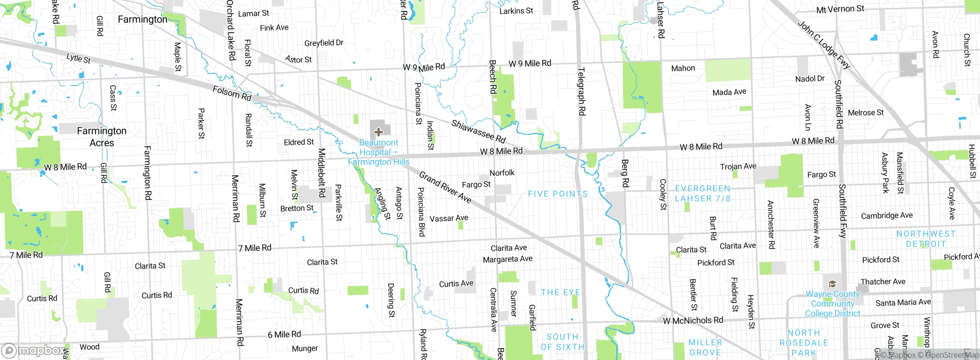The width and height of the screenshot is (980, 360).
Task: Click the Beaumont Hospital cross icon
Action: (378, 132)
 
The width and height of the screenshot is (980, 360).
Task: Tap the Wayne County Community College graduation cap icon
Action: (832, 284)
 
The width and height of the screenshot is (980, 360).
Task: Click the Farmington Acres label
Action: (101, 137)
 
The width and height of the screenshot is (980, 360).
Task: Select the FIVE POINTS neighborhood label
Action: (558, 194)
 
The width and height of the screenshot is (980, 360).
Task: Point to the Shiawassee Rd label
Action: (478, 131)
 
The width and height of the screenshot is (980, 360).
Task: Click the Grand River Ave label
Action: (445, 187)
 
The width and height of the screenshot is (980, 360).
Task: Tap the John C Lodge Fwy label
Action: (823, 45)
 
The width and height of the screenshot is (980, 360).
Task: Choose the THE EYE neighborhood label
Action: (560, 292)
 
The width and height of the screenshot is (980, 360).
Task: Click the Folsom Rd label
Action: (232, 93)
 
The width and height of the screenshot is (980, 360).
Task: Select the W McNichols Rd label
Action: (693, 320)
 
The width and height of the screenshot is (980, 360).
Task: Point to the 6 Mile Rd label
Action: (284, 334)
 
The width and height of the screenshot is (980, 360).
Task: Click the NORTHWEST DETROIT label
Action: (926, 239)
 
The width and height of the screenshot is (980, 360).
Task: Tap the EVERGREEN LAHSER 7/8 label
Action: (702, 193)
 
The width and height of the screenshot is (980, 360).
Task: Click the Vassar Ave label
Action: (449, 218)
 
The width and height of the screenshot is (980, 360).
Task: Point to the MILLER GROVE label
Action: (705, 347)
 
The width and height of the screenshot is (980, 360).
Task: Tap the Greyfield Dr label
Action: (323, 43)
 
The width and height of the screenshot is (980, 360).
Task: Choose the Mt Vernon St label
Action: (840, 9)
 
